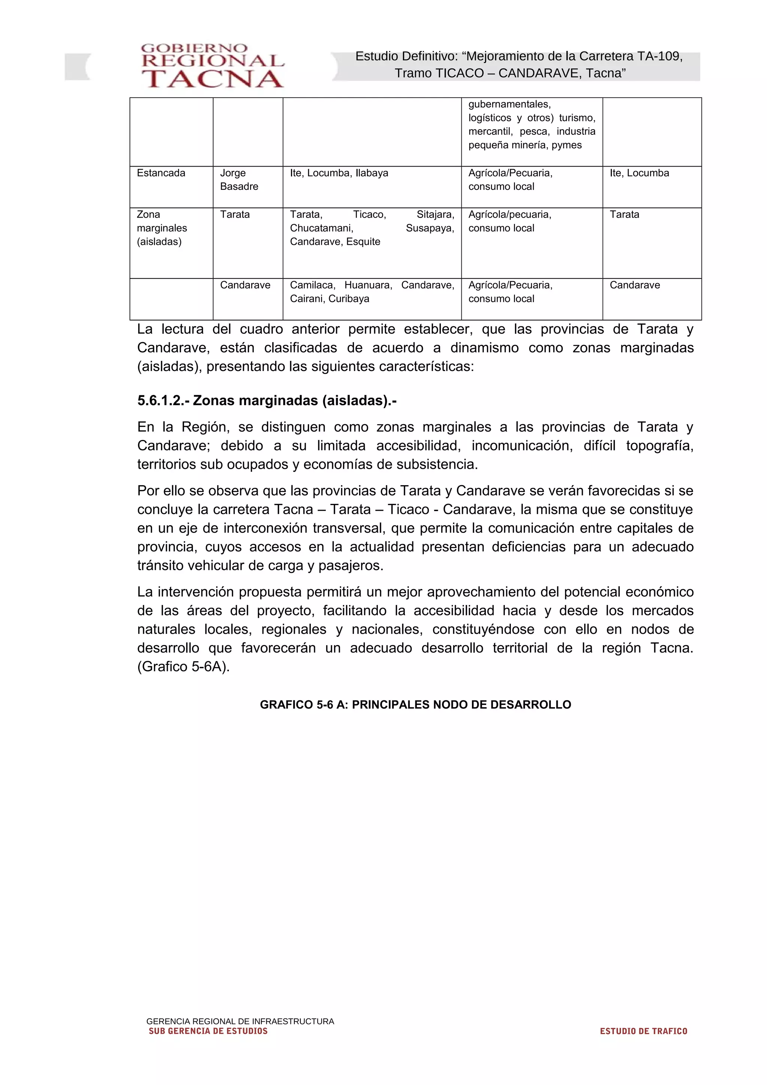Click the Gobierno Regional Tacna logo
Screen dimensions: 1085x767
212,66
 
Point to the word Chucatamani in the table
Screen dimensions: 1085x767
321,228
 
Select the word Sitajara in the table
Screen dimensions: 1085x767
435,215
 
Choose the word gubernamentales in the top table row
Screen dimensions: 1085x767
509,104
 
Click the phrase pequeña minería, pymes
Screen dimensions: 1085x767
525,145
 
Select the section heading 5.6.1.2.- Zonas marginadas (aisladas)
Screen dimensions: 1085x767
267,401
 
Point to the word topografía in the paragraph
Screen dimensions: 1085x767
659,446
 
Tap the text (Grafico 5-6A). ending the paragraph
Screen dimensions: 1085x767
184,667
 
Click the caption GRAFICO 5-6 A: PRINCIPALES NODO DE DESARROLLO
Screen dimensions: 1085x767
415,705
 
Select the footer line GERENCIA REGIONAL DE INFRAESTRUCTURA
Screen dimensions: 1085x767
240,1021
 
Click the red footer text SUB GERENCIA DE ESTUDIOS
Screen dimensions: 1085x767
208,1031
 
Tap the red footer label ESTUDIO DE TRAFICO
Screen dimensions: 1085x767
643,1031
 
